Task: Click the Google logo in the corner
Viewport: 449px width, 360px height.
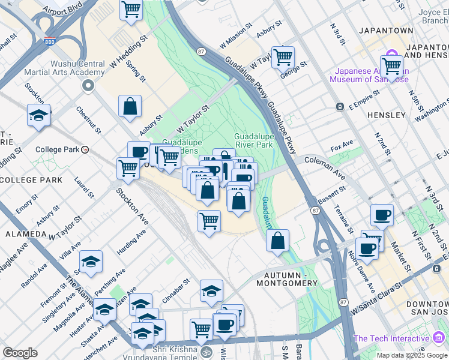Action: pos(20,353)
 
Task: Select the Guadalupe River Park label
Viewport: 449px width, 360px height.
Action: pos(253,140)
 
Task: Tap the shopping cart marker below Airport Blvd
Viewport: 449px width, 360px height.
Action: pos(130,10)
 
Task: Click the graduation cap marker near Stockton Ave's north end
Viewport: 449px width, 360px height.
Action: pos(39,116)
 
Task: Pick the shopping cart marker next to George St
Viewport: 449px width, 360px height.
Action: pos(282,58)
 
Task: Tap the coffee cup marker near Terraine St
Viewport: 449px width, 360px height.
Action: pos(382,215)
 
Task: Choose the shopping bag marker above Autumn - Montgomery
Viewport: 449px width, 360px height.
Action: pos(277,241)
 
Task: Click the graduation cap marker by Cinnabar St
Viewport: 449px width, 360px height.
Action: pos(211,292)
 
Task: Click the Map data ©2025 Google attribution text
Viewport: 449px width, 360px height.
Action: pos(411,355)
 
